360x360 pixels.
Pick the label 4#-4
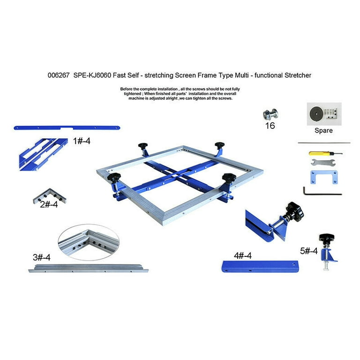pyautogui.click(x=243, y=255)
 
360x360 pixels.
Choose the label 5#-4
pyautogui.click(x=308, y=251)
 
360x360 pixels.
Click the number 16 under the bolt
pyautogui.click(x=270, y=126)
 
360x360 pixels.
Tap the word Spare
pyautogui.click(x=323, y=130)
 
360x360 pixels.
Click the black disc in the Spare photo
pyautogui.click(x=318, y=113)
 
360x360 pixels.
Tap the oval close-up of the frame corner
pyautogui.click(x=89, y=241)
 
